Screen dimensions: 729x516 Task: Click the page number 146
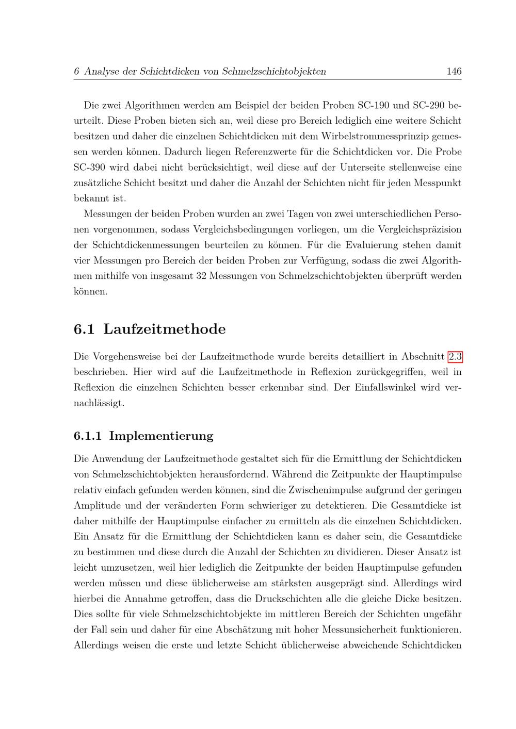(454, 71)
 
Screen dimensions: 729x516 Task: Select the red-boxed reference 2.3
(455, 356)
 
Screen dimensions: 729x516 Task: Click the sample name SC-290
(430, 105)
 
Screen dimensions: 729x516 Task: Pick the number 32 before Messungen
(202, 276)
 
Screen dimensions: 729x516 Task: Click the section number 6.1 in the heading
(84, 329)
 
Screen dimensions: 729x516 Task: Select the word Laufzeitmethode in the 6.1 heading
(165, 329)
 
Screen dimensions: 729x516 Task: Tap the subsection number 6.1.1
(87, 436)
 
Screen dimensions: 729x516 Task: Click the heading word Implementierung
(161, 436)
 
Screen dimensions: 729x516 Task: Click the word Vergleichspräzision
(420, 229)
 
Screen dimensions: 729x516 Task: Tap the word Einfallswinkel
(384, 387)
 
